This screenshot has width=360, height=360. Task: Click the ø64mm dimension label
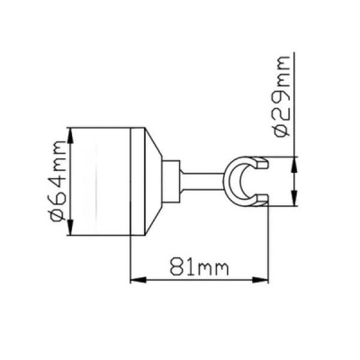click(x=58, y=181)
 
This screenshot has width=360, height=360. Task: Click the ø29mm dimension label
click(x=282, y=96)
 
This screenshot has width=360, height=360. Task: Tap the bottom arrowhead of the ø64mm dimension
click(x=70, y=228)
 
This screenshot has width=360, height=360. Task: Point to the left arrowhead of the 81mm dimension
click(x=138, y=280)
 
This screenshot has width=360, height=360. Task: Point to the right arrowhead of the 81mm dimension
click(x=260, y=280)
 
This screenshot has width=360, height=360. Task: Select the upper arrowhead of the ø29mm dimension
click(x=294, y=165)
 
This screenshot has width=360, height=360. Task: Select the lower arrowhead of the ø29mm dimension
click(x=294, y=198)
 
